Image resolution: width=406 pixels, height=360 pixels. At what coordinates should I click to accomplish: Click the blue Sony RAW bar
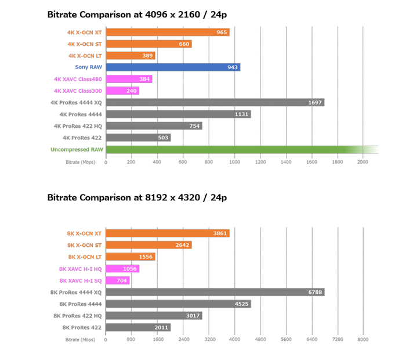click(173, 67)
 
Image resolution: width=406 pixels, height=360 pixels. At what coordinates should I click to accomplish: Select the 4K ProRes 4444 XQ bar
click(215, 103)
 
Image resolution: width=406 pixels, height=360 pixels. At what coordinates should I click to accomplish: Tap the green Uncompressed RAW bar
click(232, 150)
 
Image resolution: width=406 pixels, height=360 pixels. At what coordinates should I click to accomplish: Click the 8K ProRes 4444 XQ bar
click(215, 292)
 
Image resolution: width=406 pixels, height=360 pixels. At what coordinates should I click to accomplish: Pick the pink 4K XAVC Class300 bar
click(123, 91)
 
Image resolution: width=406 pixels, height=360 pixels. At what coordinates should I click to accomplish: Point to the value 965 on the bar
click(222, 33)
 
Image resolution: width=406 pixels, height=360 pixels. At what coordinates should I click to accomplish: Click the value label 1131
click(241, 114)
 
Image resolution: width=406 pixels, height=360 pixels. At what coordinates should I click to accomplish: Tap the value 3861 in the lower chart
click(220, 233)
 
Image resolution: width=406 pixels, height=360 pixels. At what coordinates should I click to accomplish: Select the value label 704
click(122, 280)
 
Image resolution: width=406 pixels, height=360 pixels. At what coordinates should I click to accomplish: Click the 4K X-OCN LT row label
click(85, 56)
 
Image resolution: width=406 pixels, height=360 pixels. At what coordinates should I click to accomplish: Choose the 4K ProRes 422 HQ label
click(78, 126)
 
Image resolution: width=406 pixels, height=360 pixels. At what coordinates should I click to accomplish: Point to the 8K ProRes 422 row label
click(82, 327)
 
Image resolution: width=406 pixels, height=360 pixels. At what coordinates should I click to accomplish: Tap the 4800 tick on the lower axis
click(260, 339)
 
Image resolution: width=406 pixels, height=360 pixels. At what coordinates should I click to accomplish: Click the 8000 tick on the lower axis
click(363, 339)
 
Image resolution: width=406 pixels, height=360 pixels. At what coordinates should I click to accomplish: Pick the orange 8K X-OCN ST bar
click(148, 245)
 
